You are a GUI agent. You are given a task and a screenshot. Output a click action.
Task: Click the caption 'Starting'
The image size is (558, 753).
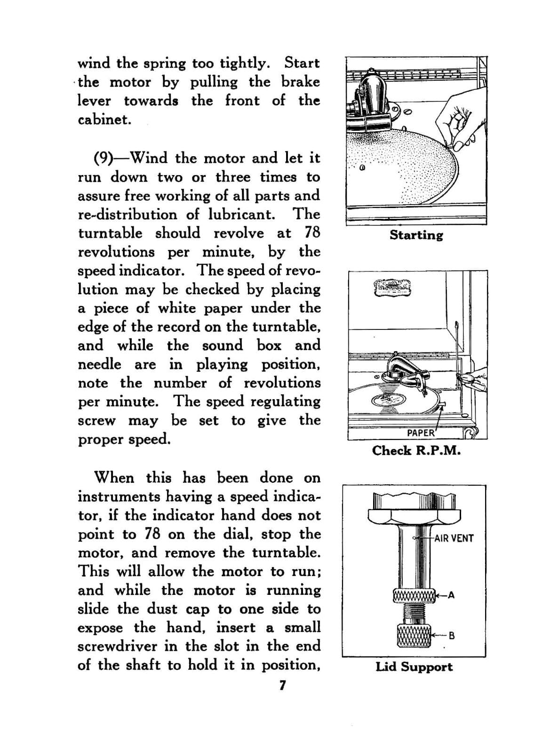coord(416,235)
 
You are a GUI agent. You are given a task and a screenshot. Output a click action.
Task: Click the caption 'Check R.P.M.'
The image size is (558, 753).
coord(416,450)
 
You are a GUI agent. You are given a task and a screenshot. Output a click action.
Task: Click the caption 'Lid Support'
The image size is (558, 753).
coord(414,667)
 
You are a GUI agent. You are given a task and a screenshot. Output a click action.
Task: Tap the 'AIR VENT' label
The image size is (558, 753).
coord(454,538)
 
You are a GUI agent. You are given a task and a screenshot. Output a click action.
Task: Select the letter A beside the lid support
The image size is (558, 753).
coord(451,595)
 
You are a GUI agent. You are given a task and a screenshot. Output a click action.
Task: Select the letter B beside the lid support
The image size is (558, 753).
coord(452,635)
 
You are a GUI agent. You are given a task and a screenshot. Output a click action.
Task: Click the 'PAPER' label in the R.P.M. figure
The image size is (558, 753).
coord(421,433)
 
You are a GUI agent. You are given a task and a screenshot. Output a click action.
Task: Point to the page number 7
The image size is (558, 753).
coord(282,685)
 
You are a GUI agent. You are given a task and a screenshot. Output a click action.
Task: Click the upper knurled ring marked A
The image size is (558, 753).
coord(414,595)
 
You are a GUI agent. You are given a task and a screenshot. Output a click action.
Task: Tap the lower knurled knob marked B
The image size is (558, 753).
coord(414,635)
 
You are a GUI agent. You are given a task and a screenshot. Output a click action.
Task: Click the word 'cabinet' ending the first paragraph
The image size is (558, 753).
coord(104,120)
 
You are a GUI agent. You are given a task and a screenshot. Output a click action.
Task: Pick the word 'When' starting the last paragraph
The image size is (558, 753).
coord(114,478)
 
